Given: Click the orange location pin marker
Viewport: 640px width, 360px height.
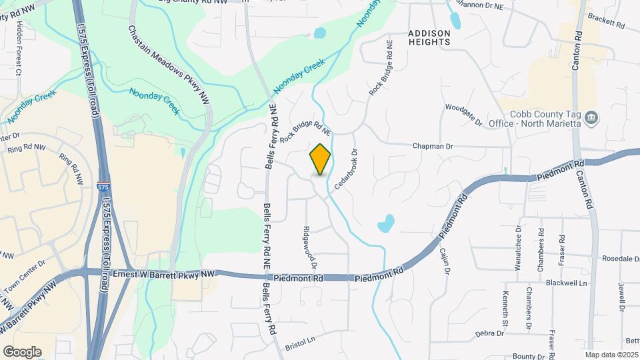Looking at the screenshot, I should [321, 159].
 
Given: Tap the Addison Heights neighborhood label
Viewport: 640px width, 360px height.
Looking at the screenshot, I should [429, 37].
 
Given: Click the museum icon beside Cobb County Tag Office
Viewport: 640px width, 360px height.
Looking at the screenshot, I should [591, 119].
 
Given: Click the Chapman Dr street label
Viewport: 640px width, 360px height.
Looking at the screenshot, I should [433, 145].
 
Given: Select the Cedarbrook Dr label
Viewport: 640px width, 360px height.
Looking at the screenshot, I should [346, 169].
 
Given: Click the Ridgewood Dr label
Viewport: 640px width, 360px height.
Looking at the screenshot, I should [309, 247].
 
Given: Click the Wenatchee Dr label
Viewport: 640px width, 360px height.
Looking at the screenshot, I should [517, 247].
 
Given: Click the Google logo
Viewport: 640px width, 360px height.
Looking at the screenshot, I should [22, 351].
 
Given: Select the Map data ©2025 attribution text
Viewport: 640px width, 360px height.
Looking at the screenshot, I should [611, 354].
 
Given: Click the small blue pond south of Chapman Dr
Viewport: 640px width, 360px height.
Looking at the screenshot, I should [386, 223].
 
